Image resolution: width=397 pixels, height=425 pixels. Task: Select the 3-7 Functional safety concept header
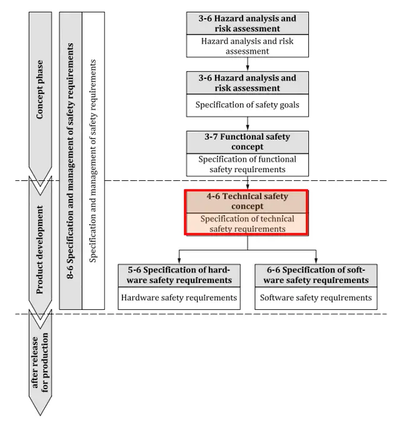247,141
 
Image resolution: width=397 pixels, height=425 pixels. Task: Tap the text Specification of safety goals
247,105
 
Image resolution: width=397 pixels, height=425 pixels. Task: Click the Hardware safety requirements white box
179,298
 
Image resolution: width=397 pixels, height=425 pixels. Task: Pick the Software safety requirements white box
316,298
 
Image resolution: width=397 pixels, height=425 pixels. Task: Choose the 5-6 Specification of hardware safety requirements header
179,275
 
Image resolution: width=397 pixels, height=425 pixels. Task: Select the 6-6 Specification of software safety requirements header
316,275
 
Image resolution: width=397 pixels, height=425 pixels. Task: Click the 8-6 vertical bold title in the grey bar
71,160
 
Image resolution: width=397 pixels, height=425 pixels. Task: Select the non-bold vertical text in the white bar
93,160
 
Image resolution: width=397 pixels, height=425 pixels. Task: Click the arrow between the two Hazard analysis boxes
248,64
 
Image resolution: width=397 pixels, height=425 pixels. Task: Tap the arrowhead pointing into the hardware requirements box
179,260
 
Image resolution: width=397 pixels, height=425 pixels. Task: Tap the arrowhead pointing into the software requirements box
316,260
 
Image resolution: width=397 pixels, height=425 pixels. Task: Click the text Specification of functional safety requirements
247,164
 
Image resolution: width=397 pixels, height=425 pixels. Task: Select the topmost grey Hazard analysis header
247,23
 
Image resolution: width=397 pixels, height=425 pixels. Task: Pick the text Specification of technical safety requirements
247,224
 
